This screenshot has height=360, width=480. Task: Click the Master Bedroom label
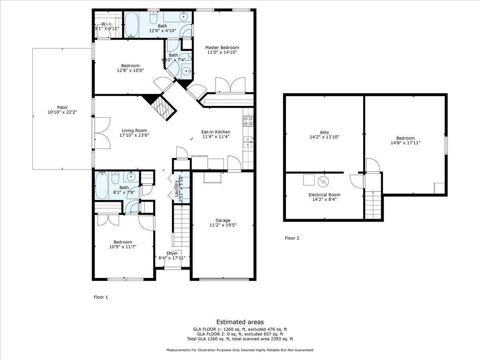222,48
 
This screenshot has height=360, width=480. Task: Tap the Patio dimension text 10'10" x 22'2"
62,113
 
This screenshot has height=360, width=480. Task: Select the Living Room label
134,130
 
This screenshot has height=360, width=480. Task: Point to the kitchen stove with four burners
248,121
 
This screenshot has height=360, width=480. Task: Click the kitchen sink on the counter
248,142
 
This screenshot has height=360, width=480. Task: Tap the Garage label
223,220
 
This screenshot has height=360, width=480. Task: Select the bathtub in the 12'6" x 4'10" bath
131,25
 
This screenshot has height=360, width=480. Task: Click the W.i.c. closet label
106,24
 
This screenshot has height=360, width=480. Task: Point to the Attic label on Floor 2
324,132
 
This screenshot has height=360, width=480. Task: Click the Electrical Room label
324,195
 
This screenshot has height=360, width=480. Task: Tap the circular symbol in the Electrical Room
323,182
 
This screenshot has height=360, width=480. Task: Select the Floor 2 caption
292,238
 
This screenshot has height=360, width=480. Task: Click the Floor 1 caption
101,297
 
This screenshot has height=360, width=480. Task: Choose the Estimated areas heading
240,322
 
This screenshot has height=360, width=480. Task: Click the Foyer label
172,253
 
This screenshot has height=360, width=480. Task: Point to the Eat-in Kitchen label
216,132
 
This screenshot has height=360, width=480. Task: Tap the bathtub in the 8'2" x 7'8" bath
101,185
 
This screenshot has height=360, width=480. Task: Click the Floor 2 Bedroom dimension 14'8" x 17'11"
405,143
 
